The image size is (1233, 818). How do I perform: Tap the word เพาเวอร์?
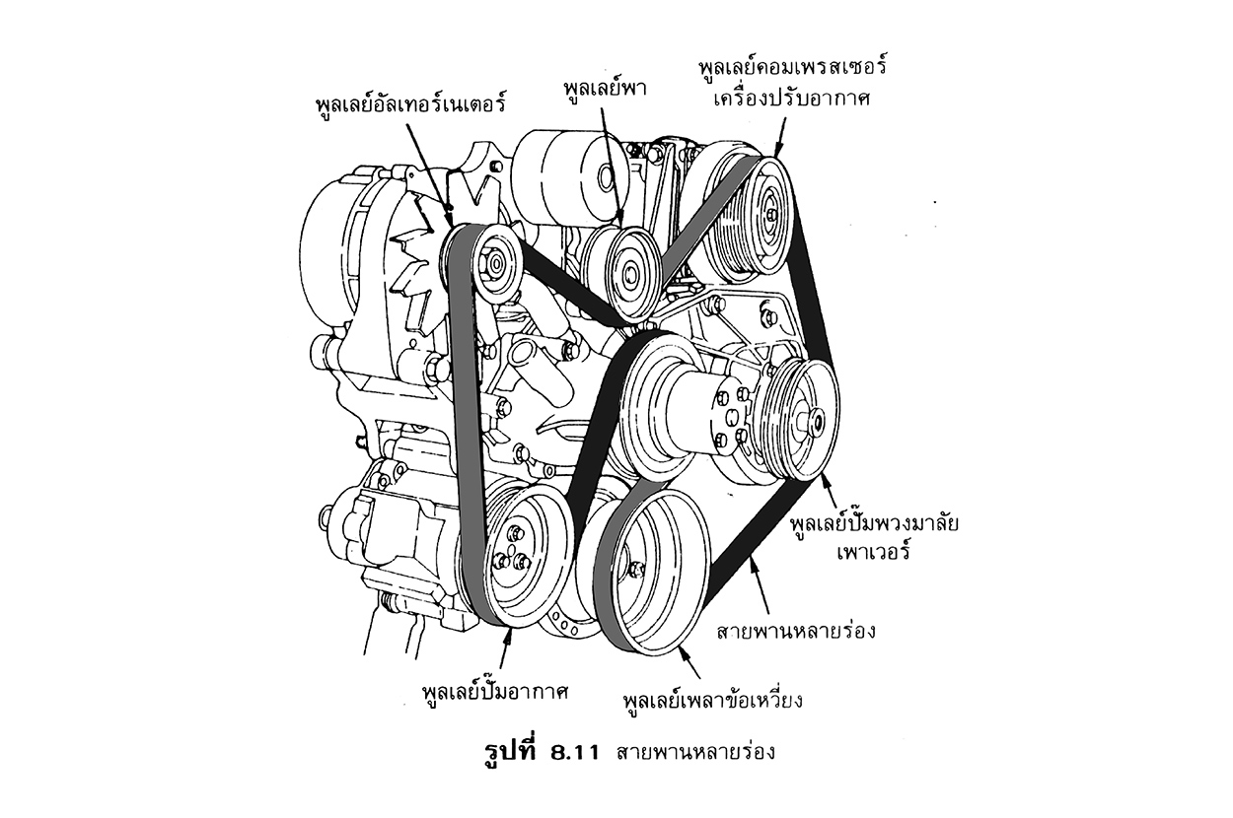(x=869, y=553)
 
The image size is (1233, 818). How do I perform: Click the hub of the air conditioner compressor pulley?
(x=767, y=211)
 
